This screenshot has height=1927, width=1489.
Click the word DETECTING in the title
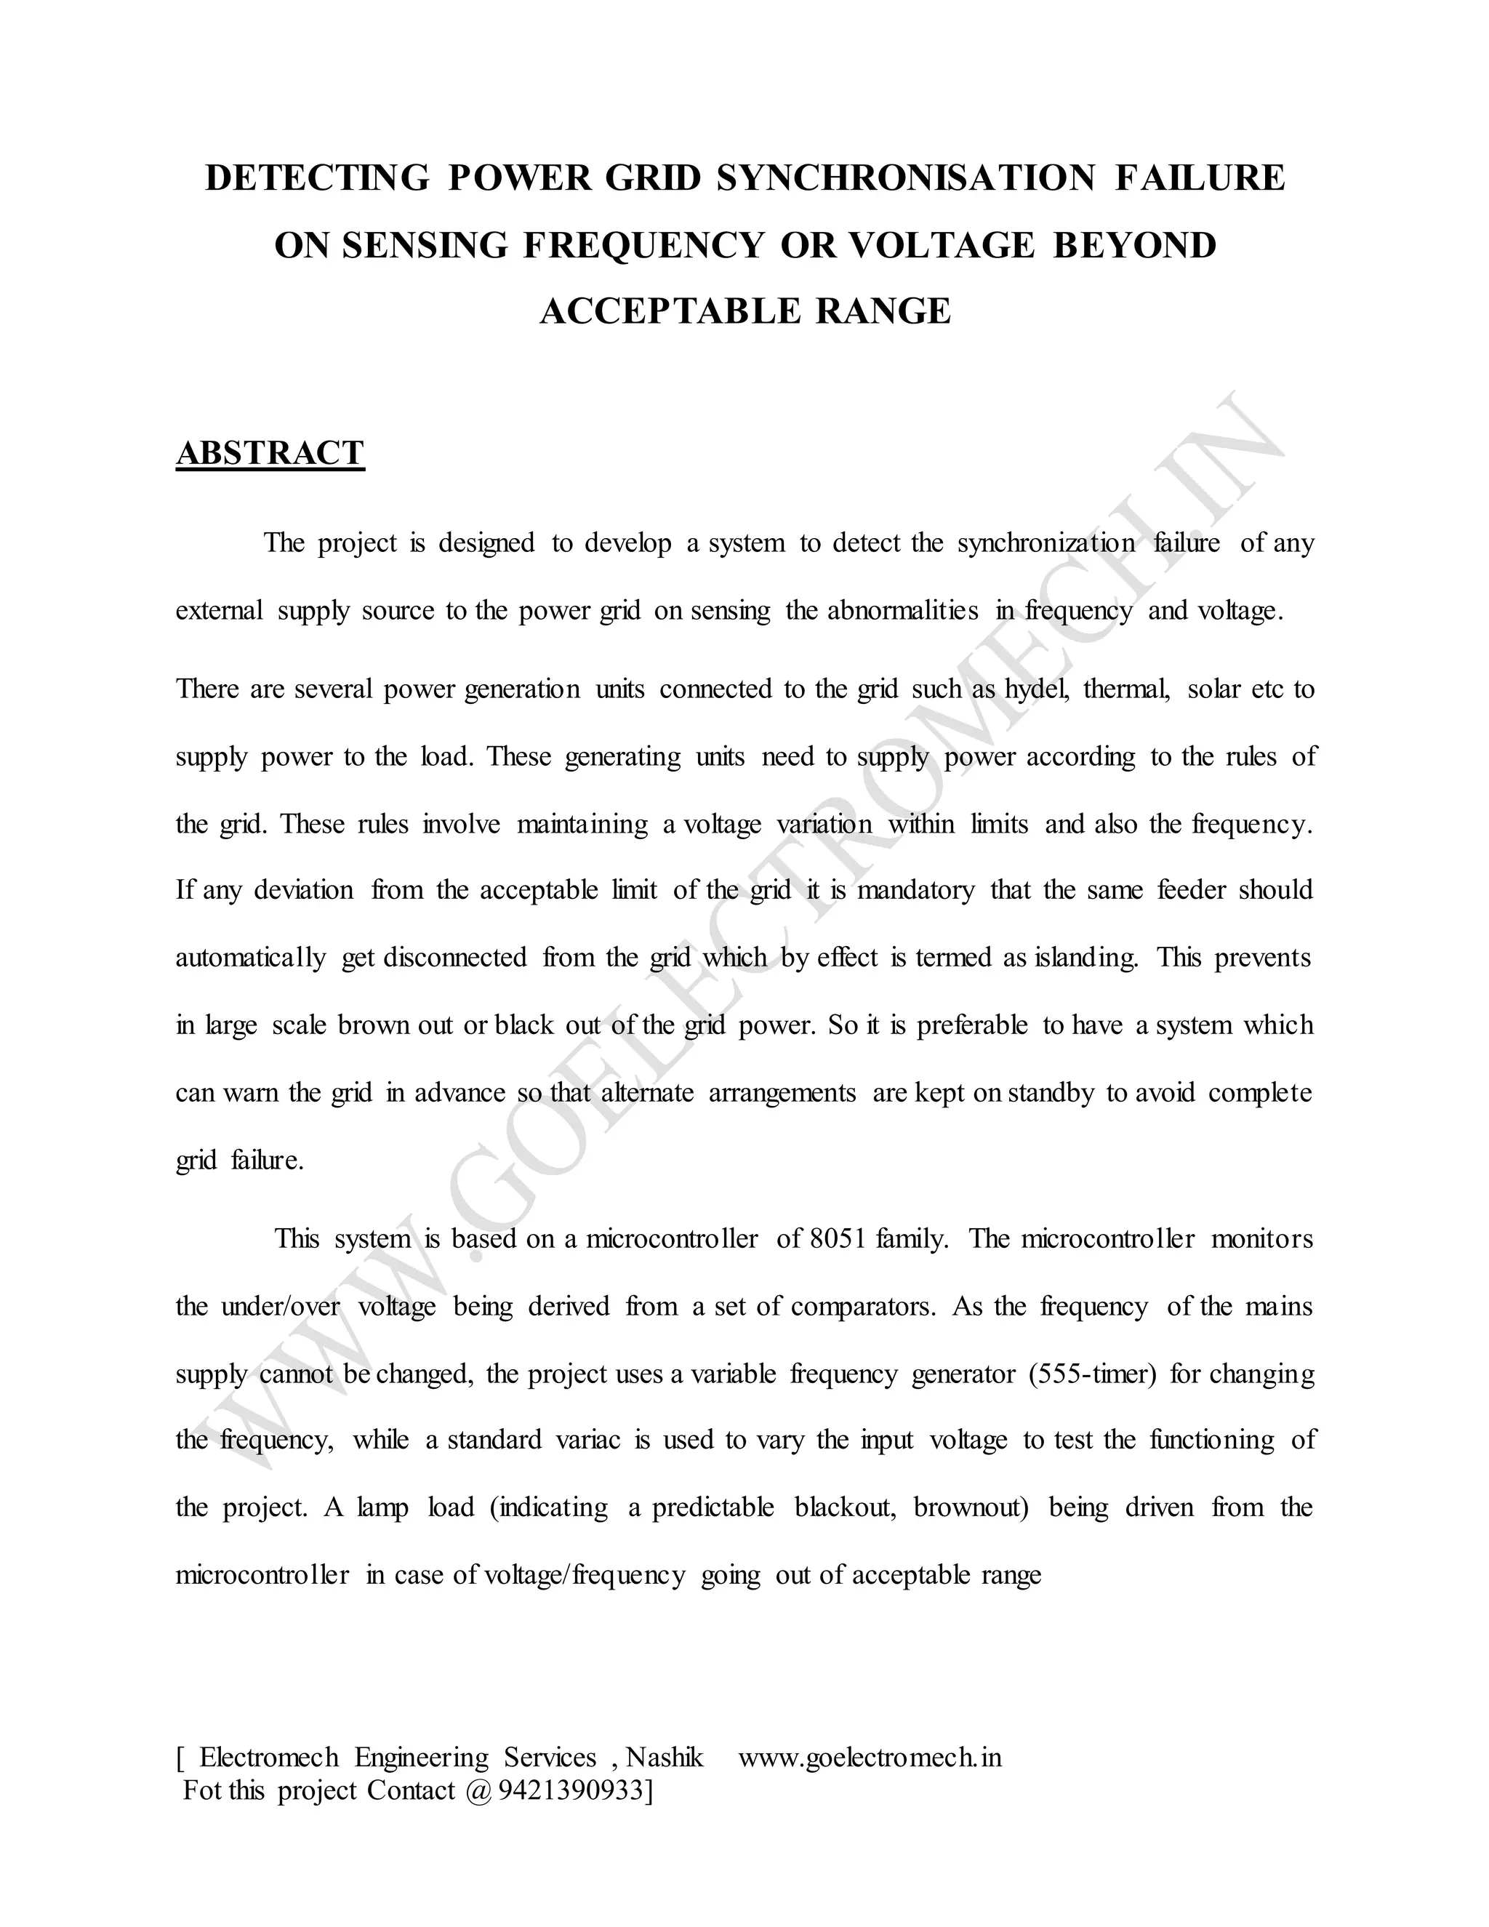317,177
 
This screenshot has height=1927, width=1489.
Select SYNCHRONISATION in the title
905,177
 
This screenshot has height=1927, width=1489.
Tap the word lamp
383,1507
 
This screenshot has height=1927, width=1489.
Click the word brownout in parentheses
971,1507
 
